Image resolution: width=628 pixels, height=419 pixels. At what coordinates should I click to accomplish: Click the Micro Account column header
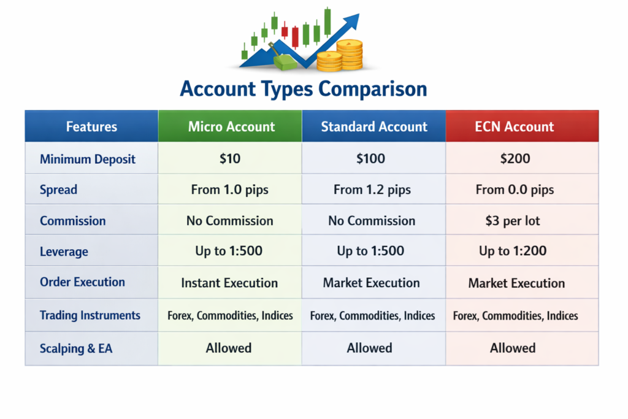(231, 127)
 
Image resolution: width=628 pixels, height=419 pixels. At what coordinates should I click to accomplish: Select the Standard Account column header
(373, 127)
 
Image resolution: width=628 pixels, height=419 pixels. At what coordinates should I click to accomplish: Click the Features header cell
(91, 127)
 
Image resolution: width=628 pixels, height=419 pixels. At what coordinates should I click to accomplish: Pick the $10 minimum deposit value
(230, 159)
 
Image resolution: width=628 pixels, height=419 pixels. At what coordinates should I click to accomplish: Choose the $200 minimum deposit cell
(515, 159)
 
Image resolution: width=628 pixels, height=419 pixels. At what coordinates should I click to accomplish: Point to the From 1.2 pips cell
(372, 190)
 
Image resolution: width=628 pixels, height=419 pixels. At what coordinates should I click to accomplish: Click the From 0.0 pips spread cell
(515, 190)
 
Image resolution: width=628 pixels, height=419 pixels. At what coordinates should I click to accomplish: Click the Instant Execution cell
(229, 283)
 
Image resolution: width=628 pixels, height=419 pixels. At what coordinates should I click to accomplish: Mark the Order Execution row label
(82, 282)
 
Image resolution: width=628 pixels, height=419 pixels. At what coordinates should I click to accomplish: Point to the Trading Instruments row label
(90, 315)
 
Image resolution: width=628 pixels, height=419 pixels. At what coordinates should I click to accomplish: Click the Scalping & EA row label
(76, 348)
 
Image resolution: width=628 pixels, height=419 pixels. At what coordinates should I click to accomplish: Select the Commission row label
(72, 221)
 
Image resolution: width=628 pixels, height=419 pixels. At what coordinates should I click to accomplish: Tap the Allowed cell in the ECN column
(513, 348)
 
